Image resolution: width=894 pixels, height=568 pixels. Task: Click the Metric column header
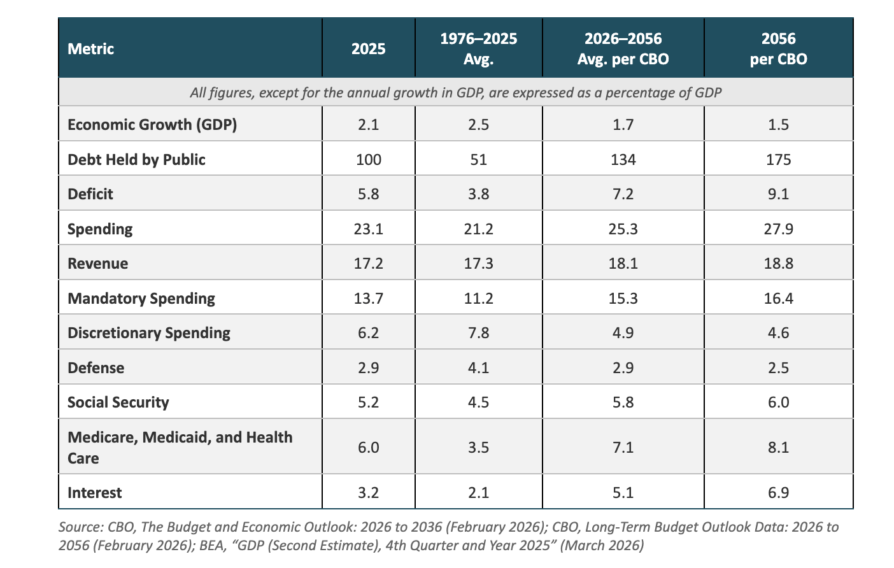(90, 48)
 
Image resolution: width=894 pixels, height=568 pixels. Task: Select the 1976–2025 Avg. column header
(479, 48)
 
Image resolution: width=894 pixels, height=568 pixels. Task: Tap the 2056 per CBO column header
(778, 48)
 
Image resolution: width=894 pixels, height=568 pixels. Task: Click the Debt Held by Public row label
(136, 159)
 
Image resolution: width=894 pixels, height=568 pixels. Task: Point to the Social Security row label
(118, 402)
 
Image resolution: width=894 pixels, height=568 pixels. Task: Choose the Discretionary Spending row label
(149, 332)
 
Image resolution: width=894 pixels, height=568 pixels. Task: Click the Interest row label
(95, 493)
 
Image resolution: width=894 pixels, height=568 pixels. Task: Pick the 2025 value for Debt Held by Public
(369, 159)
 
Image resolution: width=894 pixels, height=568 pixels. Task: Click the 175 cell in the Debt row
(778, 159)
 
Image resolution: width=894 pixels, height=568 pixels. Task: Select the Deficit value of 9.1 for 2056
(778, 194)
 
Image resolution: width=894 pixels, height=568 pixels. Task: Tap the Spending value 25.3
(623, 229)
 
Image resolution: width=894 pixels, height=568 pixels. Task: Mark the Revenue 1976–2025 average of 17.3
(479, 264)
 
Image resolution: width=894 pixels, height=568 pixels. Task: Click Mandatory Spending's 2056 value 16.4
(778, 298)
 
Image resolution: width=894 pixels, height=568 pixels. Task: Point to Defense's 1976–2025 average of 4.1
(479, 367)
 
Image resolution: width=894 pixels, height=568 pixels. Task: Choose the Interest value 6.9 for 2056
(778, 493)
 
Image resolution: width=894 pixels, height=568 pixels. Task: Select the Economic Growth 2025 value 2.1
(369, 125)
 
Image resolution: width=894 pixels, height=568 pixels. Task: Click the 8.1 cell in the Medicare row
(778, 448)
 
